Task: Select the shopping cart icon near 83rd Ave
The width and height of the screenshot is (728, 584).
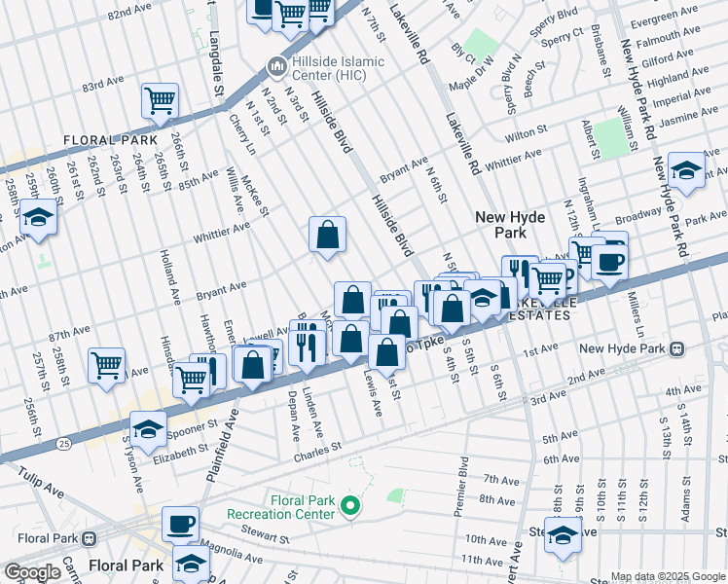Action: point(160,99)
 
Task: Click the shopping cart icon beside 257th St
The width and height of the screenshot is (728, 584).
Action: point(106,366)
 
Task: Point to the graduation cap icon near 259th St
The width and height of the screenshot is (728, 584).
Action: point(39,218)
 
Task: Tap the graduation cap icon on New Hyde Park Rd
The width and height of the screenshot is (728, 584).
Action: point(686,172)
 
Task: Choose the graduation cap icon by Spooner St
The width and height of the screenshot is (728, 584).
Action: point(148,428)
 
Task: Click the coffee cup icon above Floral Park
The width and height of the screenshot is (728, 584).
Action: point(180,524)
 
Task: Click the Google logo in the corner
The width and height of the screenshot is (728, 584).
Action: point(31,572)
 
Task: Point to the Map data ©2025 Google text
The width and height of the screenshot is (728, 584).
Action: point(668,576)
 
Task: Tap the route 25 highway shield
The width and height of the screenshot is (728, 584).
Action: point(63,442)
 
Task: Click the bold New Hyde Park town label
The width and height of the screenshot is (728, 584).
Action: point(514,225)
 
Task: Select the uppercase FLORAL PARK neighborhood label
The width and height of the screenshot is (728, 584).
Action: point(104,140)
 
